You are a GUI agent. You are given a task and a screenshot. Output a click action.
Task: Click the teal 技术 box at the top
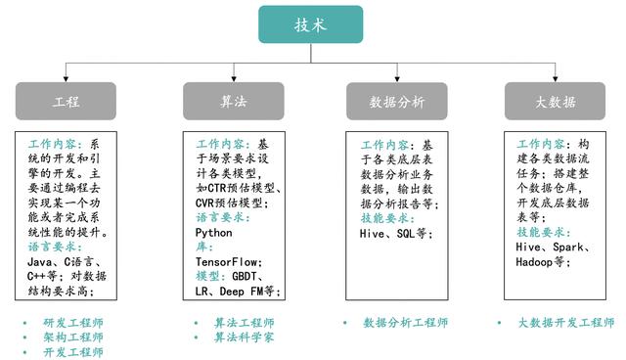(x=310, y=24)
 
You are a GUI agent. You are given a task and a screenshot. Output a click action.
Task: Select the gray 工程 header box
(x=66, y=102)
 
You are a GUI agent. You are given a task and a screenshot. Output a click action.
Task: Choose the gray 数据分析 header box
(x=397, y=102)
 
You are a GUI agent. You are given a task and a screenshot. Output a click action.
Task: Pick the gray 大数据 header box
(x=554, y=102)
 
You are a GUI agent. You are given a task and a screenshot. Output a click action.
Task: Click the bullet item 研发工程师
(x=73, y=323)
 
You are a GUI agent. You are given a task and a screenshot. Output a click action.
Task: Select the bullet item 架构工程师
(x=73, y=337)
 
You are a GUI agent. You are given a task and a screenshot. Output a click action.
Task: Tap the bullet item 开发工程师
(x=73, y=352)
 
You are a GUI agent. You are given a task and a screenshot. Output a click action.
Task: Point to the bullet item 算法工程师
(x=245, y=323)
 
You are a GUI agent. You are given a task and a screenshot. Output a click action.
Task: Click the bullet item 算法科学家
(x=245, y=337)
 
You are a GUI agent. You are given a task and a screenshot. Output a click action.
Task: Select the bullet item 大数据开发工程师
(x=566, y=323)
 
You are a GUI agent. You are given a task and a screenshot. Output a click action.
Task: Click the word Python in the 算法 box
(x=214, y=234)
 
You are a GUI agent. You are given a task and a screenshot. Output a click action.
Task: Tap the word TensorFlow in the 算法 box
(x=226, y=263)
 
